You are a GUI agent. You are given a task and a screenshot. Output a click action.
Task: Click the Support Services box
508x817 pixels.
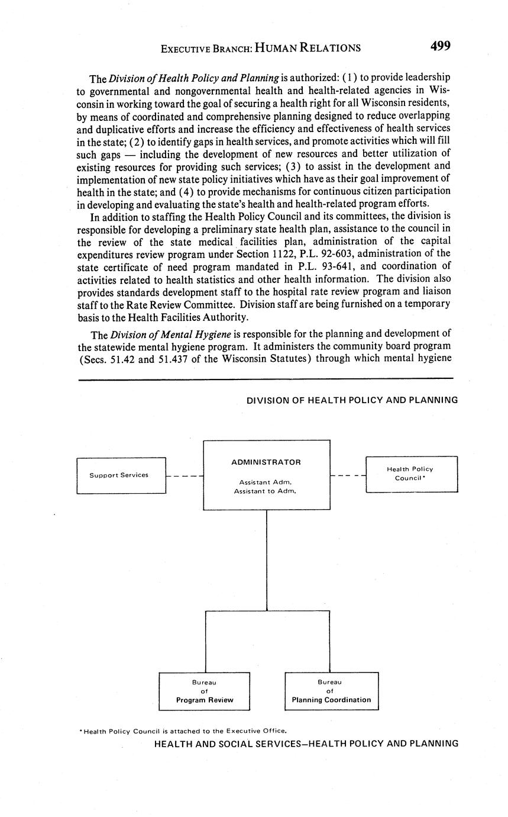pos(121,475)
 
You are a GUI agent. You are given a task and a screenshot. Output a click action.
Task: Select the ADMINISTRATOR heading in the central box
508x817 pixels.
pos(266,462)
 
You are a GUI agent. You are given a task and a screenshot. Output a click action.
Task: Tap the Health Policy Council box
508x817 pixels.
pos(412,474)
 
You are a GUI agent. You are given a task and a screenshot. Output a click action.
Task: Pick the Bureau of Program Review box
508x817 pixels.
pos(205,691)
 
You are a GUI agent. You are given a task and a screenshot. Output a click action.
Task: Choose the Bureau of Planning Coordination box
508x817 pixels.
pos(331,691)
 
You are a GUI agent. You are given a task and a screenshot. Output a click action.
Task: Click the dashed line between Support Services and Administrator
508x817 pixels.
pos(185,475)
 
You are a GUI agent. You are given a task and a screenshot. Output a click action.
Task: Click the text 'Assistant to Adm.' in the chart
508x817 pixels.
pos(265,491)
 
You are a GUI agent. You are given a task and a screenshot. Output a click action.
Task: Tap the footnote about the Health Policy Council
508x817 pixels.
pos(183,731)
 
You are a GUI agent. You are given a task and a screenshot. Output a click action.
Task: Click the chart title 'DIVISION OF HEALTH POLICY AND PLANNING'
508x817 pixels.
pos(352,400)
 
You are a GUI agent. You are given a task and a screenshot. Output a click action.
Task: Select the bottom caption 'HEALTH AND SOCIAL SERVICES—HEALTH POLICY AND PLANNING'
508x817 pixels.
pos(306,744)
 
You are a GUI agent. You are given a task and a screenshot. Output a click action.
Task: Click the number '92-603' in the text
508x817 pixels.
pos(319,254)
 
